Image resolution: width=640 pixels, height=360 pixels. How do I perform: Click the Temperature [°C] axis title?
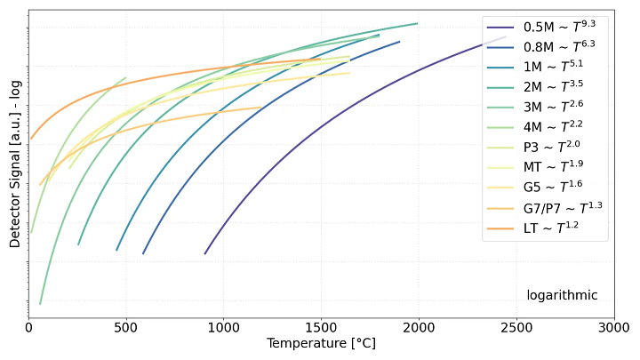coord(321,343)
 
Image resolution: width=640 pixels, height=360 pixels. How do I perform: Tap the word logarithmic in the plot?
coord(562,295)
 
